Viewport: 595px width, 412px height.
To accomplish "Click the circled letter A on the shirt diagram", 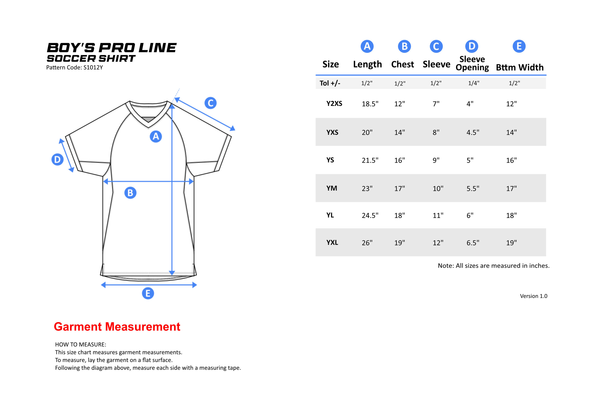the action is tap(156, 136).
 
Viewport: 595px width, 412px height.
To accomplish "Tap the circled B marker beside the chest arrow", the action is tap(130, 193).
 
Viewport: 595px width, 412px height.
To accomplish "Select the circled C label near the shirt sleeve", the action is tap(211, 103).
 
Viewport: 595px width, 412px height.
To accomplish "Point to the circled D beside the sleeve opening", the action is tap(58, 159).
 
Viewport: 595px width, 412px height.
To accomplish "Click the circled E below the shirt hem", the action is tap(148, 293).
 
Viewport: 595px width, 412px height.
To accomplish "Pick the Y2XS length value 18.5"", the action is tap(370, 104).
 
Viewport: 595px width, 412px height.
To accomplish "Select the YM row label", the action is tap(332, 188).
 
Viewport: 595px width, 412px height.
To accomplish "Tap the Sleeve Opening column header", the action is tap(472, 63).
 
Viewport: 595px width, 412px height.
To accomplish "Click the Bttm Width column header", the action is tap(520, 67).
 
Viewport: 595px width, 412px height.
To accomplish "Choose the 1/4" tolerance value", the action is tap(474, 83).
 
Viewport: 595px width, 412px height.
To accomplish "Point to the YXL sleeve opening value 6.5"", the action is tap(473, 243).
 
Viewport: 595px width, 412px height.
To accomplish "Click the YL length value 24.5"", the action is tap(370, 215).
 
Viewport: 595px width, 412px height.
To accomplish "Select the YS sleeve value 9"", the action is tap(436, 160).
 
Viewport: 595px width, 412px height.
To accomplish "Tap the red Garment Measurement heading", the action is tap(117, 326).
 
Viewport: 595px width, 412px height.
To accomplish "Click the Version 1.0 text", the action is tap(534, 296).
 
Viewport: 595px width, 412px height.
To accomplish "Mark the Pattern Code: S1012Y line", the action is tap(74, 68).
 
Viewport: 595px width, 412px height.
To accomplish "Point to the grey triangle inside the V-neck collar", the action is tap(148, 120).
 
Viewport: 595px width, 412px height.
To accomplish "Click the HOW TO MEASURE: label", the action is tap(80, 344).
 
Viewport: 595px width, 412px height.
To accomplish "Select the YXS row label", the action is tap(332, 133).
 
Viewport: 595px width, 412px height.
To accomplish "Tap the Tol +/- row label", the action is tap(330, 83).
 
